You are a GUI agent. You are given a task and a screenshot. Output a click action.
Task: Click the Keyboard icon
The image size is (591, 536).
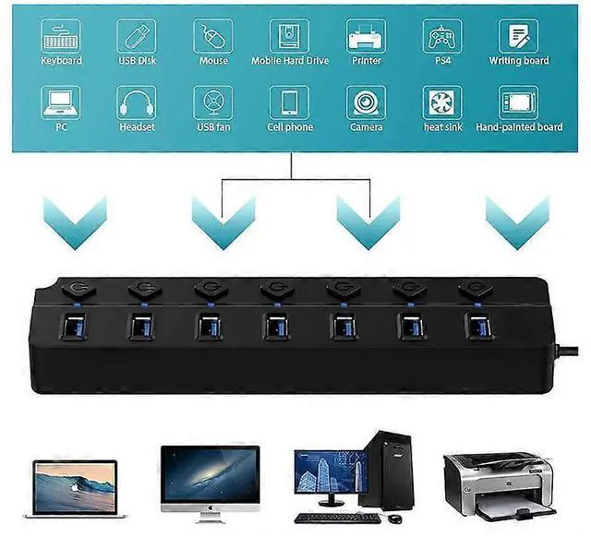click(61, 35)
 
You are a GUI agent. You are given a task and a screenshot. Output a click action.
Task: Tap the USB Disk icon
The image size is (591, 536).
click(137, 35)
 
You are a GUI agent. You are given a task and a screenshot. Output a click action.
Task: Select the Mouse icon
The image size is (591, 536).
click(213, 35)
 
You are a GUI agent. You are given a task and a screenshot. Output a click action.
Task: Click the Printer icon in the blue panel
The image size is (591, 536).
click(366, 35)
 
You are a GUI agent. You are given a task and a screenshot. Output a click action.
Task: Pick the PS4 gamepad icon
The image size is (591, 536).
click(442, 35)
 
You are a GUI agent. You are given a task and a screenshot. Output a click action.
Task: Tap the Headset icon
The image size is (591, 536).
click(137, 102)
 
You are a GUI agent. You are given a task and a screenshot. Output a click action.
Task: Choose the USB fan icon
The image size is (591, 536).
click(213, 102)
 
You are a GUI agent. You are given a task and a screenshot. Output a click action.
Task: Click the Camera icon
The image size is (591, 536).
click(366, 102)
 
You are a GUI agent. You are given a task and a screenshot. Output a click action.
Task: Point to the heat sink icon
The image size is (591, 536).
click(442, 102)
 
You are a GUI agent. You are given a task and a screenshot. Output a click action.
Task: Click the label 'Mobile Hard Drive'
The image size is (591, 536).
click(289, 61)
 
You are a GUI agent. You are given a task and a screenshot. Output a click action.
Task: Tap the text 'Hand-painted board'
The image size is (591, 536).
click(519, 127)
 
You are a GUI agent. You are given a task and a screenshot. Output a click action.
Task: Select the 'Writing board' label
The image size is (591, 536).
click(519, 61)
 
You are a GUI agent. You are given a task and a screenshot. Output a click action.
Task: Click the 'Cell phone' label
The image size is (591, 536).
click(289, 127)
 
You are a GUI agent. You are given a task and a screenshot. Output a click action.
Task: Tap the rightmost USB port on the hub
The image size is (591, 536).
click(478, 327)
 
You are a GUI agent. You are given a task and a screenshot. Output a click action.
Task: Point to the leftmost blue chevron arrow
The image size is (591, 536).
click(75, 222)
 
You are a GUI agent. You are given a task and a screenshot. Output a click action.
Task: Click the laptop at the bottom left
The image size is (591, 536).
click(76, 486)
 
